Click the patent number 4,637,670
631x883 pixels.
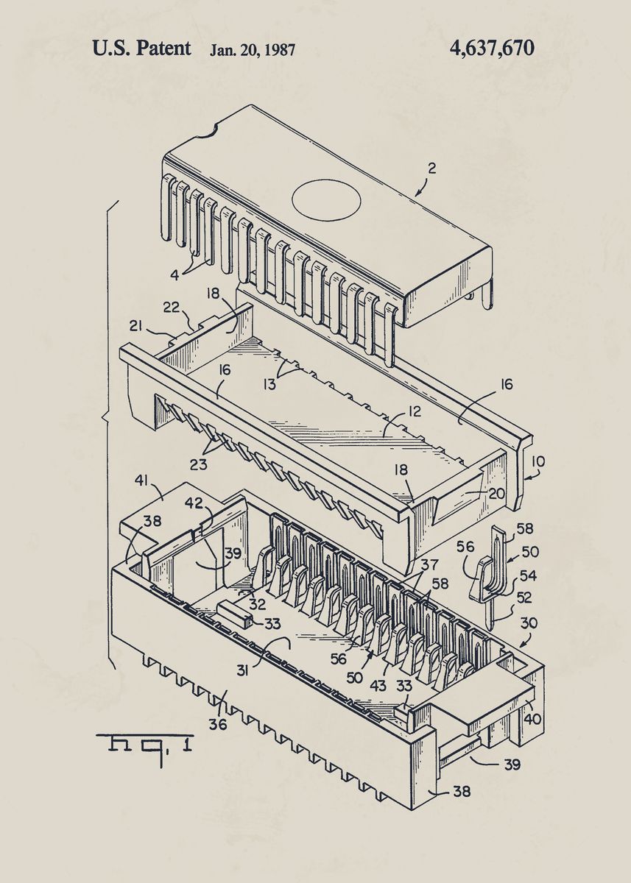[x=491, y=49]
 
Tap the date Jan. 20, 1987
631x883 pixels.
[x=253, y=50]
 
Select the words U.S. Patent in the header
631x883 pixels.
[x=141, y=49]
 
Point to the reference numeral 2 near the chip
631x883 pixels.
[x=432, y=168]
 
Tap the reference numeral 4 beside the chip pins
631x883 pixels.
[x=175, y=276]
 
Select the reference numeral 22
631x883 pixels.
[x=170, y=308]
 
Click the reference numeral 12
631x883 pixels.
[x=415, y=411]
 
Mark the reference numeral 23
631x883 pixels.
[x=198, y=464]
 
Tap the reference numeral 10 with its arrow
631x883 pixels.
[x=538, y=461]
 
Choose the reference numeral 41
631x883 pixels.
[x=141, y=480]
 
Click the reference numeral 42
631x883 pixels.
[x=193, y=503]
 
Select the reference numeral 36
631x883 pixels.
[x=217, y=724]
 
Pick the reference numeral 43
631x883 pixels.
[x=377, y=685]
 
